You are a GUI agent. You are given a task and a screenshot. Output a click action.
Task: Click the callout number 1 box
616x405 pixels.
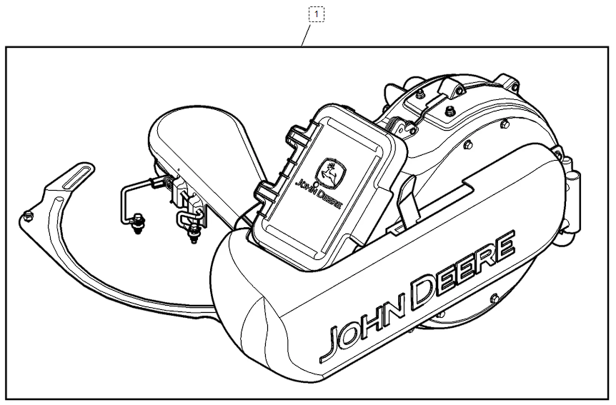click(317, 14)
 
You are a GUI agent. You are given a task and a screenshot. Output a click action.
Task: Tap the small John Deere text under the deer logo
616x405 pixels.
click(319, 193)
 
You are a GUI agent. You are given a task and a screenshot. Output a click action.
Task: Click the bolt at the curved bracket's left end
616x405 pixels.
click(28, 216)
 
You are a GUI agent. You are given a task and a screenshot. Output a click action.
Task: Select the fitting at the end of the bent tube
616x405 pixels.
click(137, 224)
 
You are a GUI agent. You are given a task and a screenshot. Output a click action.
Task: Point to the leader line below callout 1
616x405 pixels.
click(306, 34)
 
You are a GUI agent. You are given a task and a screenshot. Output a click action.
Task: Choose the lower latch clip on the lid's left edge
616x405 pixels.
click(262, 193)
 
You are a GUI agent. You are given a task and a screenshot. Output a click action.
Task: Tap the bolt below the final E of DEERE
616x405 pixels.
click(495, 298)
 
